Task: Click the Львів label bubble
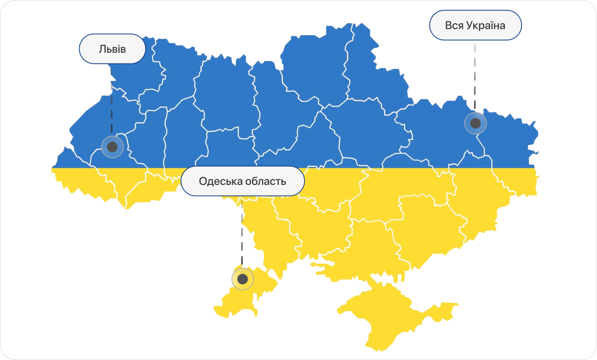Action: (112, 49)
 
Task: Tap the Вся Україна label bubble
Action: (475, 25)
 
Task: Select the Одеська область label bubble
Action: (242, 181)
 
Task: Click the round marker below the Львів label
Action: (112, 146)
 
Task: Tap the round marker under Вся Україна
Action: (475, 123)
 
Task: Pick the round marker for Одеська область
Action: (242, 279)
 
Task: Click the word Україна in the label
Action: (485, 25)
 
